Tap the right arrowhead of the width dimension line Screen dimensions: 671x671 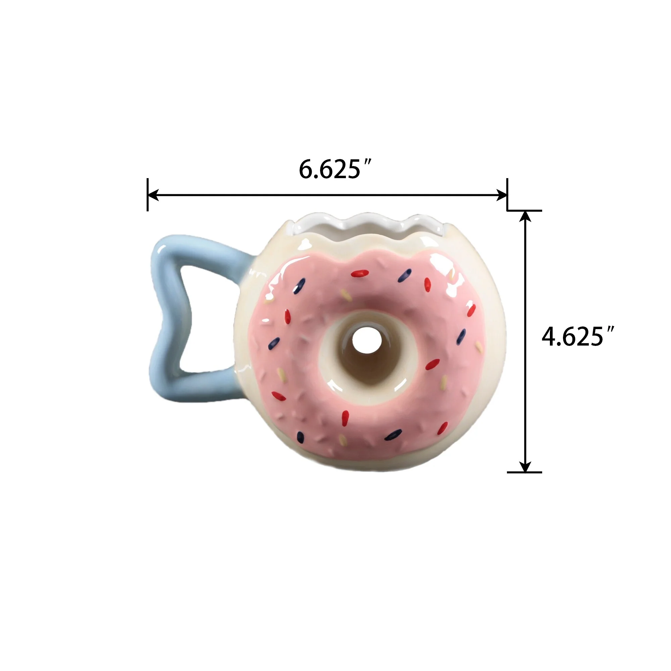tap(502, 195)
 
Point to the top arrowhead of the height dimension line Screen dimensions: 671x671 tap(525, 216)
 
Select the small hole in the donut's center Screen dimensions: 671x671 tap(367, 340)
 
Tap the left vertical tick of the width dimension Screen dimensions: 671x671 tap(148, 195)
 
